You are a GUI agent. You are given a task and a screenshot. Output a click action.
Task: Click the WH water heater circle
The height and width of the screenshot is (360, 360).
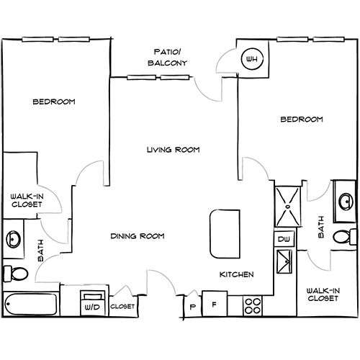tap(251, 59)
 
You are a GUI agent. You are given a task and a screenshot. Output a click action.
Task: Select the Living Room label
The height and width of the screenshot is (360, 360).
tap(172, 150)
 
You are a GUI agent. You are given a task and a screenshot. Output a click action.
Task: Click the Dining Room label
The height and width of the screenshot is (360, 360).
tap(138, 235)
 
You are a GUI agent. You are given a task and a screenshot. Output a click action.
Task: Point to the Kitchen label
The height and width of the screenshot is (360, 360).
tap(235, 274)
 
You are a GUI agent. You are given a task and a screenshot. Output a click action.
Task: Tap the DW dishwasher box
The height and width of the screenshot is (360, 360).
tap(283, 239)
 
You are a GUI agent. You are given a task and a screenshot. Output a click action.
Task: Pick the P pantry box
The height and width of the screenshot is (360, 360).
tap(192, 305)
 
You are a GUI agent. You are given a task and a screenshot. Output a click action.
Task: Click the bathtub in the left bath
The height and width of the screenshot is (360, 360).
tap(30, 304)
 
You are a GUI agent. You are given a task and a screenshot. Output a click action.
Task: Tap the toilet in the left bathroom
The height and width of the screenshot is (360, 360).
tap(16, 273)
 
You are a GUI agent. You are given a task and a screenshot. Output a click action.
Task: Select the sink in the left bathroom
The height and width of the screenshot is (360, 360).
tap(14, 238)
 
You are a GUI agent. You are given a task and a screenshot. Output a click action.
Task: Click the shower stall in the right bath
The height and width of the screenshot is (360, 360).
tap(289, 205)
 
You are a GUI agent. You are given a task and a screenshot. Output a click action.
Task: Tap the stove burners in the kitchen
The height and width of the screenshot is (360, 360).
tap(252, 305)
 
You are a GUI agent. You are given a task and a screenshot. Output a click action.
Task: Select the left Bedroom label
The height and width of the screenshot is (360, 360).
tap(54, 102)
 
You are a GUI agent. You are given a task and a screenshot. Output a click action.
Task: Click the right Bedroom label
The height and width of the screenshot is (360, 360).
tap(301, 119)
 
